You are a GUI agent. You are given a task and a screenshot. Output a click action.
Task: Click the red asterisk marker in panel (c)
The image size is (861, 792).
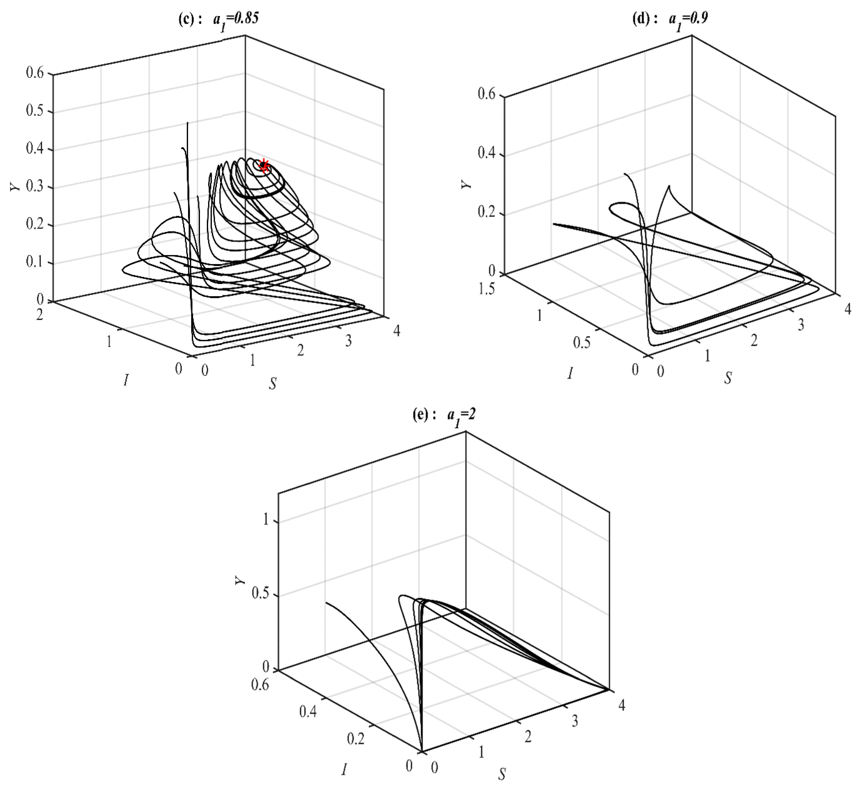[x=264, y=166]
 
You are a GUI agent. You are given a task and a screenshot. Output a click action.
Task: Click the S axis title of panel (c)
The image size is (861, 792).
[x=272, y=383]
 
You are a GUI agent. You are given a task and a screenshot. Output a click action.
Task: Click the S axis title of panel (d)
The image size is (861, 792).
[x=728, y=378]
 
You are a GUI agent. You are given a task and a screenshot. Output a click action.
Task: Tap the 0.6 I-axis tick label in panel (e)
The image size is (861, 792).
[x=260, y=685]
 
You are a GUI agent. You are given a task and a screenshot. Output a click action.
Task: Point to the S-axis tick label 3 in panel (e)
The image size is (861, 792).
[x=575, y=721]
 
